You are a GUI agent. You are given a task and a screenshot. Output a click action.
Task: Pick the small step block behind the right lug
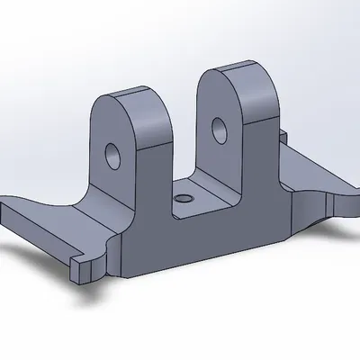tap(281, 137)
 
